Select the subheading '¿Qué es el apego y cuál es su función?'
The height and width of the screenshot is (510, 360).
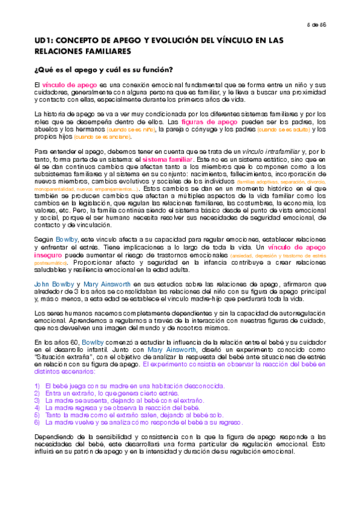pyautogui.click(x=103, y=70)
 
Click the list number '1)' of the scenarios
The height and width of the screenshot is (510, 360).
pyautogui.click(x=38, y=385)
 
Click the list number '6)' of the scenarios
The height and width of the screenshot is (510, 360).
pyautogui.click(x=38, y=422)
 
